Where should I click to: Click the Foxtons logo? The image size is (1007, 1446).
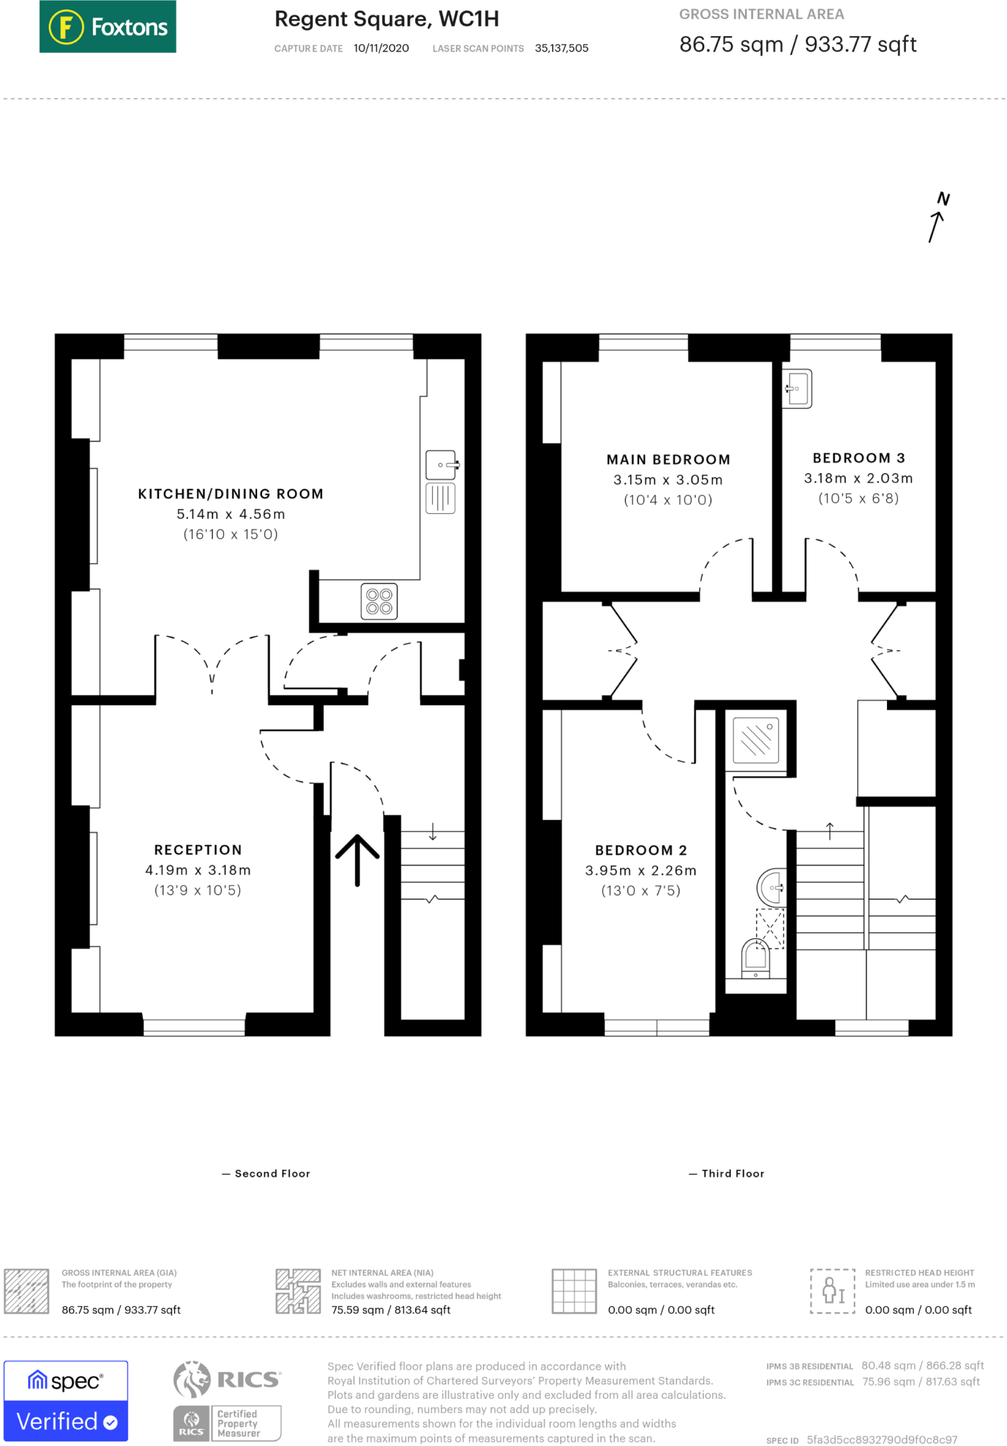(107, 27)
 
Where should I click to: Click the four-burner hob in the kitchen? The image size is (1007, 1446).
(379, 601)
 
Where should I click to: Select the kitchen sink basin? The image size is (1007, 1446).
(441, 465)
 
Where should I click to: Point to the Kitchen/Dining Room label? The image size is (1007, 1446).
(231, 494)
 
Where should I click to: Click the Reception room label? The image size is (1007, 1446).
(198, 850)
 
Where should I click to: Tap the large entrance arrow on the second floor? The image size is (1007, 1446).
(357, 860)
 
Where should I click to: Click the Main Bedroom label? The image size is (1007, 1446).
(669, 460)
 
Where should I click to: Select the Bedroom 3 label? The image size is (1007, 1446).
(859, 458)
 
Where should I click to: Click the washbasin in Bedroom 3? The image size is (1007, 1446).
(797, 388)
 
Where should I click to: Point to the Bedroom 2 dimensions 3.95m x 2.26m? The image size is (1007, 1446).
(641, 871)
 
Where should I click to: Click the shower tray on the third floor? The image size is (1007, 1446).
(756, 740)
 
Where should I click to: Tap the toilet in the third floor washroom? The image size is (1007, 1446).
(756, 958)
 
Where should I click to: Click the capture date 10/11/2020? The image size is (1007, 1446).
(381, 48)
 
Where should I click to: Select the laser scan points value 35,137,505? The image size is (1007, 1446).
(561, 48)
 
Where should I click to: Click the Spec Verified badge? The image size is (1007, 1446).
(66, 1401)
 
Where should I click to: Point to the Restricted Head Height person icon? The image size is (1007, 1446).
(833, 1291)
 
